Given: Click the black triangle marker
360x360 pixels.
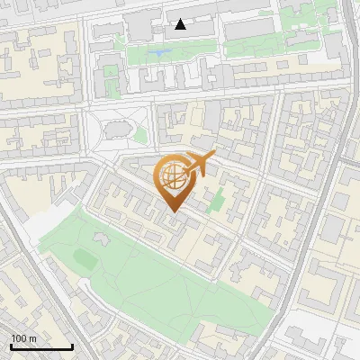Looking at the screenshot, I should point(181,24).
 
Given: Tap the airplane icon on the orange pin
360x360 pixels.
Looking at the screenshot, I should point(199,165).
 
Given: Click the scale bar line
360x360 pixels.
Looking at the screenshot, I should point(41,346).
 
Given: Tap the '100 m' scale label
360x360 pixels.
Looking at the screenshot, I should point(23,338).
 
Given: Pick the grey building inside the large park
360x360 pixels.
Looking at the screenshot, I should point(99,239).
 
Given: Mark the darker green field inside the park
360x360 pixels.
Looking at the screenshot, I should point(85,260).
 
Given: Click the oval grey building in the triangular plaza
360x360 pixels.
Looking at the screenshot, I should point(118,131).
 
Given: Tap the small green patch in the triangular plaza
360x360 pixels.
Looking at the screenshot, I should point(140,136).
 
